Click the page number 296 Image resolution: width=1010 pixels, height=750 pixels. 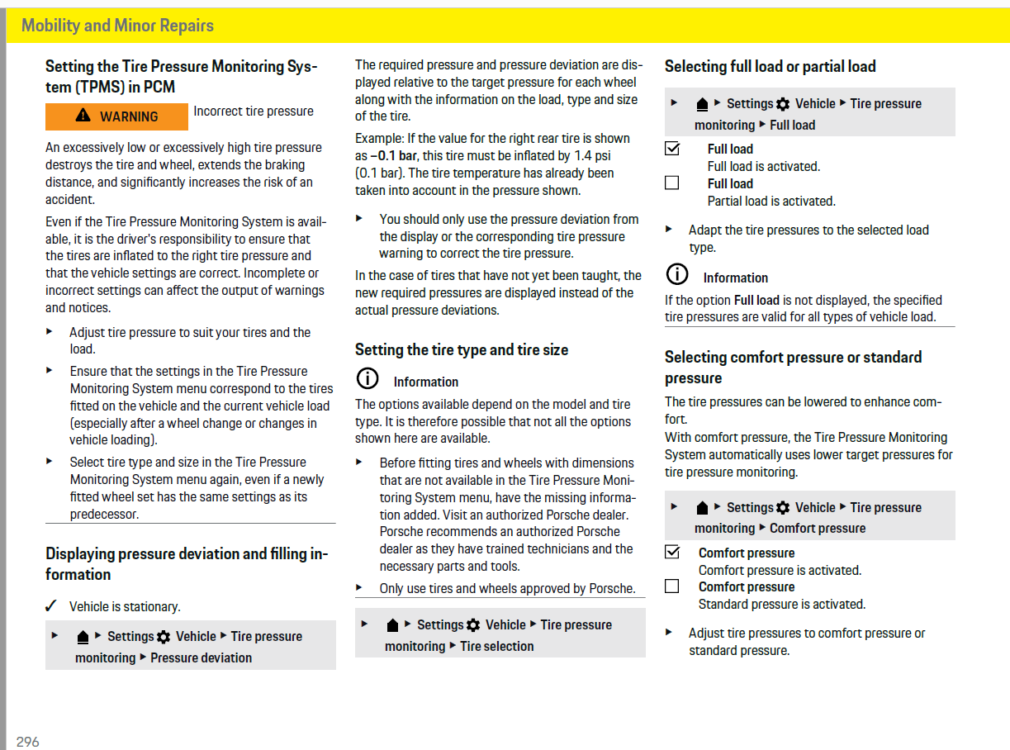27,742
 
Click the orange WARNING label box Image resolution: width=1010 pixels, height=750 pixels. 116,116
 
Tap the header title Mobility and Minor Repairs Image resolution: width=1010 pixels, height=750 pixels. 117,26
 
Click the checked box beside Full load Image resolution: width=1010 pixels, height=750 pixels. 672,149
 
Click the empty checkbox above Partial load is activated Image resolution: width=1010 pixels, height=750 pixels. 672,183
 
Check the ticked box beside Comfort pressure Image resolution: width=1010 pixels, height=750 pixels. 672,552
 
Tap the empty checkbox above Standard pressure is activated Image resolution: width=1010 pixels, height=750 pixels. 672,586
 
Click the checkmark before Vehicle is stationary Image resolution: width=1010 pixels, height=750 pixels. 51,606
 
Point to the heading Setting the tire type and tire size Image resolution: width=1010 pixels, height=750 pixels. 462,350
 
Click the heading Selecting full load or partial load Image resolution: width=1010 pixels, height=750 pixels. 770,67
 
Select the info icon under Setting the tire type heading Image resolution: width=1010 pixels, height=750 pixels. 367,380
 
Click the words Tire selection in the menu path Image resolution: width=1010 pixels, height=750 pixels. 496,647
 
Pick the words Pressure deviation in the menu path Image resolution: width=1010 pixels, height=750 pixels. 201,658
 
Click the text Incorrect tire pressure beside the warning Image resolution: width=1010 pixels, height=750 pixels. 254,112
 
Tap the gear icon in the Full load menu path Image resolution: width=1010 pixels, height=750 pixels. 783,104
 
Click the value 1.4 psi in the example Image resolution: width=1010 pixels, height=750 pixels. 591,156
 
